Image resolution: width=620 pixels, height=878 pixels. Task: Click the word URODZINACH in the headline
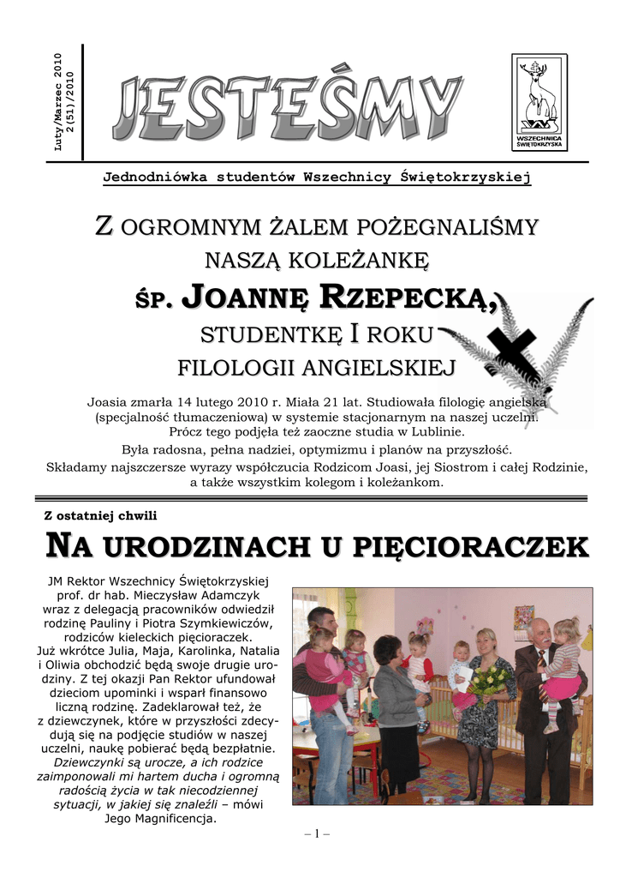202,545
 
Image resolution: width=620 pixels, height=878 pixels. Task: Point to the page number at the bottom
310,833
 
